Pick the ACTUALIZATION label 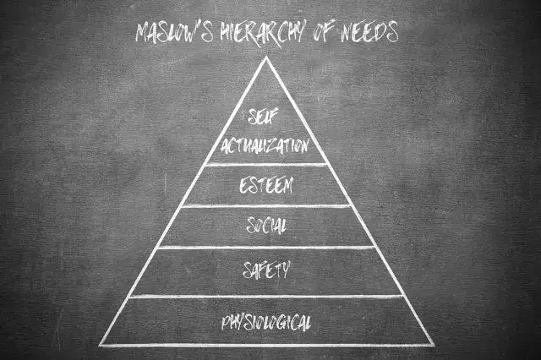point(265,146)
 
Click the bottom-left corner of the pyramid point(101,345)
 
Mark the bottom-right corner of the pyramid point(434,345)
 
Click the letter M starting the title point(143,34)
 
